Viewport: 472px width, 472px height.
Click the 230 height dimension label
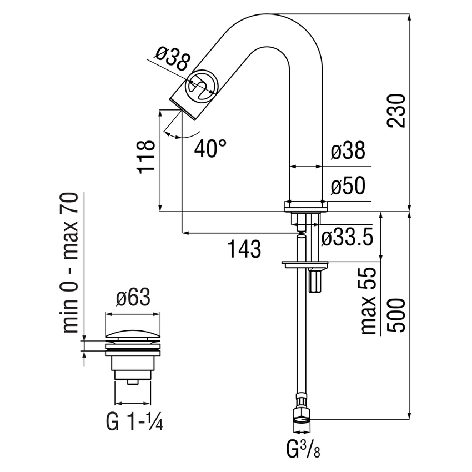[x=398, y=111]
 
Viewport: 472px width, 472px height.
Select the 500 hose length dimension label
[x=398, y=315]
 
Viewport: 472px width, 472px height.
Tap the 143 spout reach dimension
[x=244, y=249]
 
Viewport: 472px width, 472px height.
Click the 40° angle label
[x=210, y=148]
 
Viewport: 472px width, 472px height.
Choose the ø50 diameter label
[x=348, y=188]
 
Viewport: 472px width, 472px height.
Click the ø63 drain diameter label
[x=133, y=298]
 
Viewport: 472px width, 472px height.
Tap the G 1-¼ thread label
[x=133, y=423]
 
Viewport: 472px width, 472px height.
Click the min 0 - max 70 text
[x=71, y=263]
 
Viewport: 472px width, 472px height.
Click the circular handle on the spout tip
[x=200, y=86]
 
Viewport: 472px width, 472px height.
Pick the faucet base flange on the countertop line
[x=305, y=205]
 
